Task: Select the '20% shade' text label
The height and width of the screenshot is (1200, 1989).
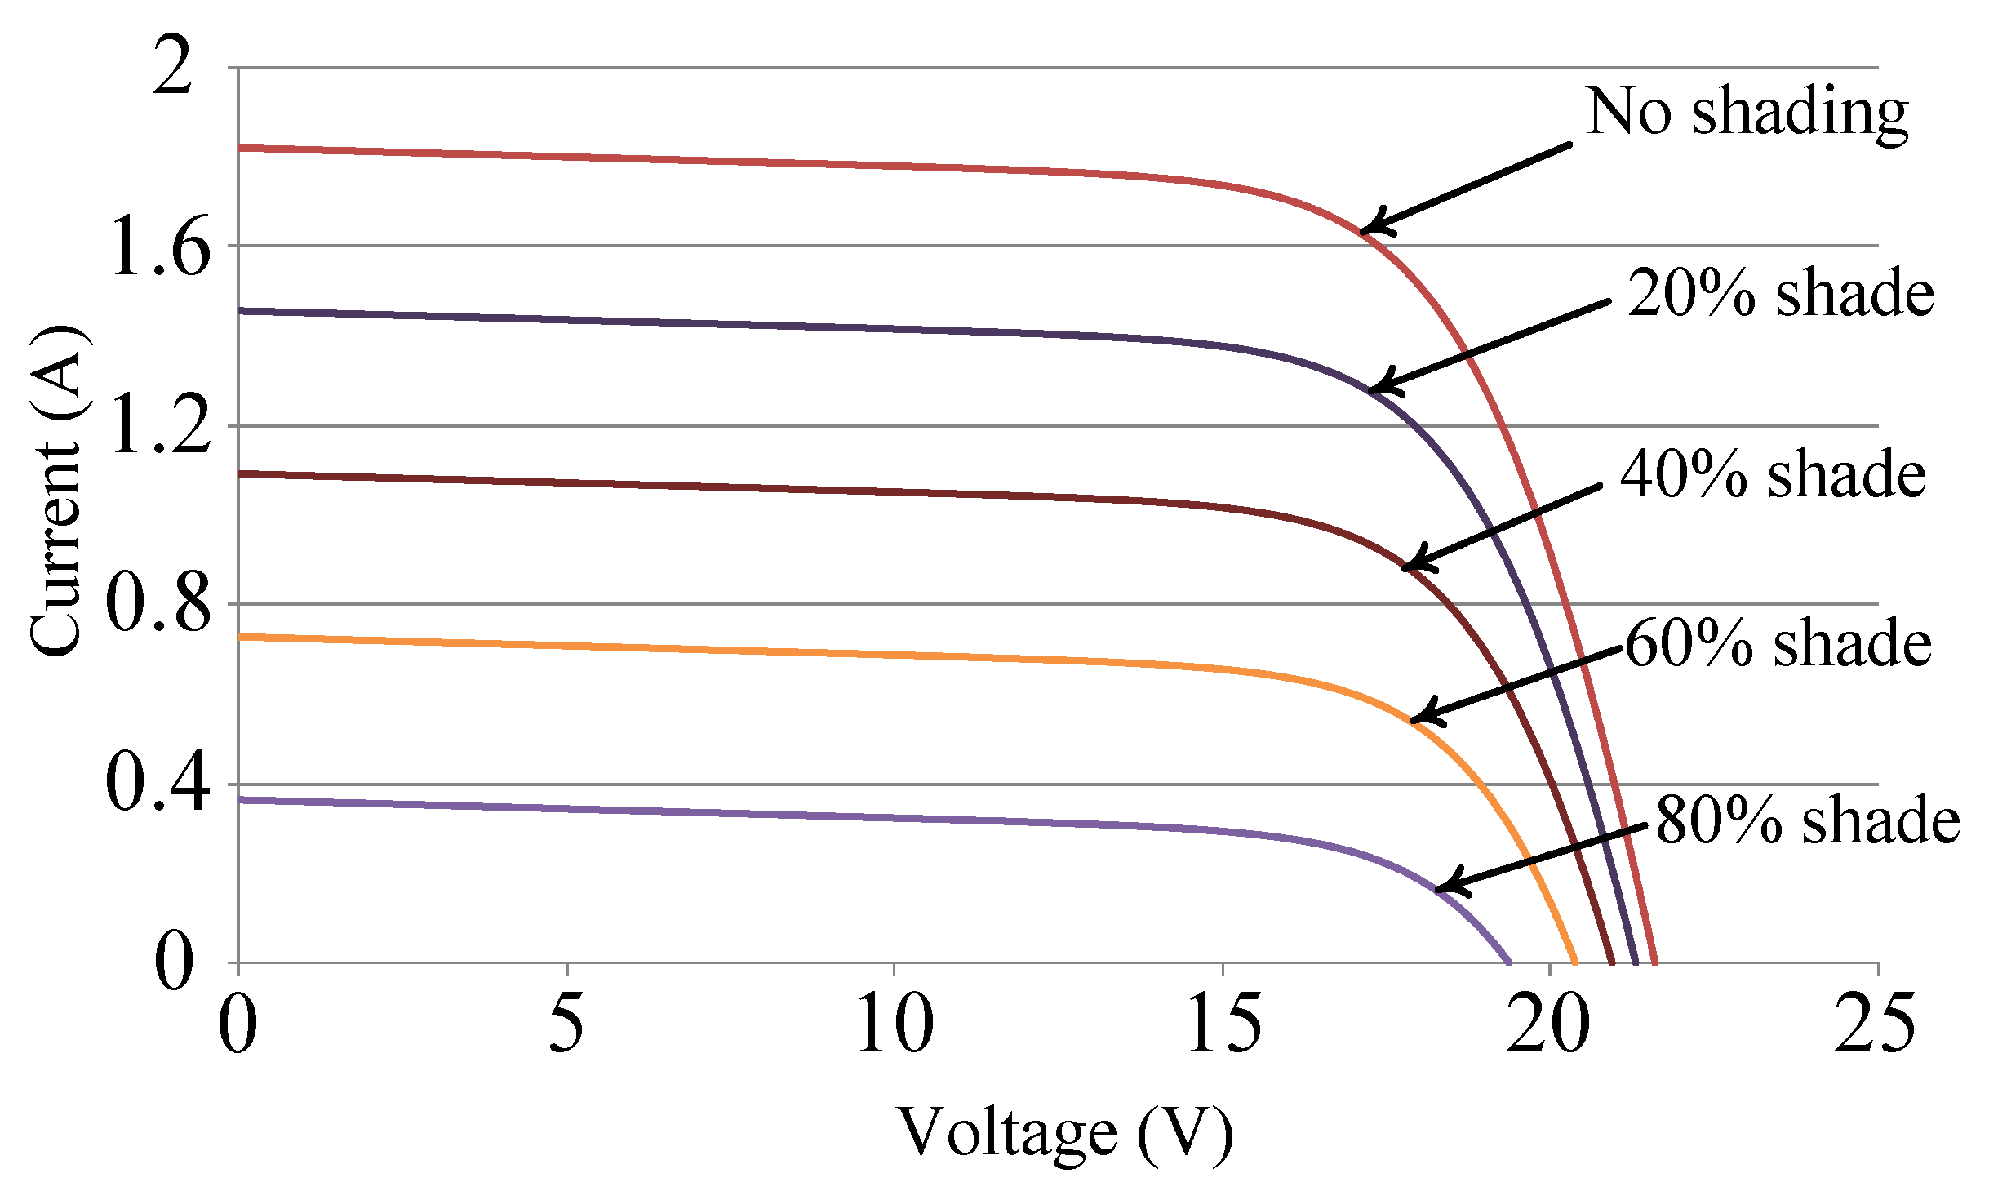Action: coord(1780,293)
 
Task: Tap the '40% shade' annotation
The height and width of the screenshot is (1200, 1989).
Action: coord(1772,474)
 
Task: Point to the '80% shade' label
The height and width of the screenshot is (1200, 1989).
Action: coord(1808,820)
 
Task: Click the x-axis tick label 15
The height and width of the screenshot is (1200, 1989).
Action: coord(1223,1024)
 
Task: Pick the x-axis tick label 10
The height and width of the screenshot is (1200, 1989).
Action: coord(894,1024)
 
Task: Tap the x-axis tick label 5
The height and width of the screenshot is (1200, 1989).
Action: coord(566,1024)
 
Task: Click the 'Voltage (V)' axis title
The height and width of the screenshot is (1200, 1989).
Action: coord(1065,1134)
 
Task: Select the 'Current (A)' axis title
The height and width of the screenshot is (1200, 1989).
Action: coord(57,490)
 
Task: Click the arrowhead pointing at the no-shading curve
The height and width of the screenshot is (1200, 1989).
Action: coord(1371,229)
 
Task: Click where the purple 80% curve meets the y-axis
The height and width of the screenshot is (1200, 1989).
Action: coord(239,800)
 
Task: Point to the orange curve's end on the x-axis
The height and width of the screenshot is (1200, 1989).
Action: coord(1574,962)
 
